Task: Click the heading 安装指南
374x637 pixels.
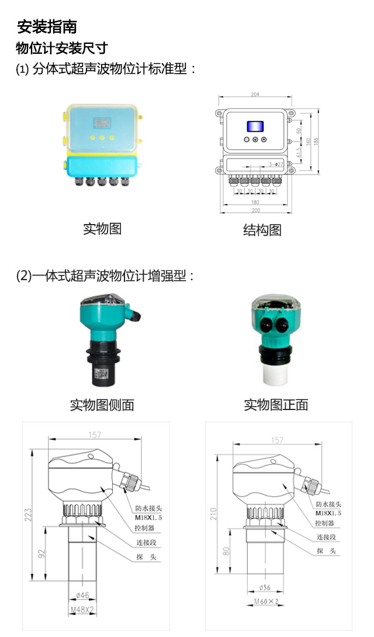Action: click(47, 27)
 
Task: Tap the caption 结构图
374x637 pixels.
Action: click(262, 230)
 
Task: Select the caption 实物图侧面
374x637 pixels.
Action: click(102, 404)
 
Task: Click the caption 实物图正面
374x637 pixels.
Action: click(276, 404)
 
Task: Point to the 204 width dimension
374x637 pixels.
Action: click(255, 94)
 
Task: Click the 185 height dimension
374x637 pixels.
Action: click(316, 142)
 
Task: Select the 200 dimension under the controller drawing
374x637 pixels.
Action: click(255, 211)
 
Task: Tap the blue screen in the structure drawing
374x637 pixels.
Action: click(255, 126)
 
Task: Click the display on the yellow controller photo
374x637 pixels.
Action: click(102, 123)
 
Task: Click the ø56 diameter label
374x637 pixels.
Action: click(266, 588)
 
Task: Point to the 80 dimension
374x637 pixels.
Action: click(225, 551)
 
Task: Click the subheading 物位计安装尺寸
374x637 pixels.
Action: click(61, 48)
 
